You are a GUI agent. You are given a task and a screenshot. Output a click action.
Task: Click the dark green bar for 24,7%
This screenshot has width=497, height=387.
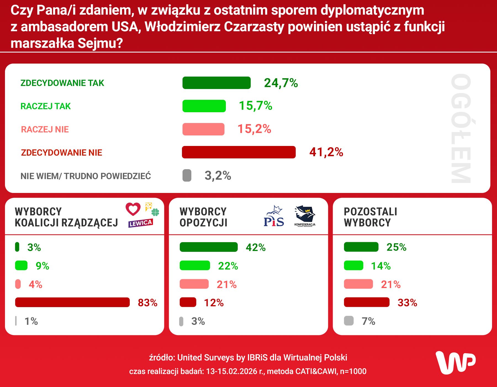(x=216, y=83)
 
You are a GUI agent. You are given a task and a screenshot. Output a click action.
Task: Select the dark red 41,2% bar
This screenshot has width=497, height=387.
(x=239, y=152)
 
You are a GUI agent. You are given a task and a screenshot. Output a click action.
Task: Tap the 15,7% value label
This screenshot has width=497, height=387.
(x=255, y=106)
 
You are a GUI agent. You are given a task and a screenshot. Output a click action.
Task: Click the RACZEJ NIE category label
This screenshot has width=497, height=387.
(x=45, y=129)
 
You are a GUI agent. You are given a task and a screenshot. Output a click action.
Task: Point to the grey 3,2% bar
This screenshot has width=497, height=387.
(x=187, y=176)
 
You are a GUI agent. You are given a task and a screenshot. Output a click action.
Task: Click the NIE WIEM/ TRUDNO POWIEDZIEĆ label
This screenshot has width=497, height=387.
(x=86, y=176)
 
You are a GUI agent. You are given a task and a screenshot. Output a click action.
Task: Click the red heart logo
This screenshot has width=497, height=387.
(x=133, y=209)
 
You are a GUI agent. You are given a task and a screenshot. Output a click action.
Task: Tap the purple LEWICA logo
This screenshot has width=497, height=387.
(x=141, y=223)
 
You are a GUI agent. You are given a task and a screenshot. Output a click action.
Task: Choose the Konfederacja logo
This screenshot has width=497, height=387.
(x=305, y=216)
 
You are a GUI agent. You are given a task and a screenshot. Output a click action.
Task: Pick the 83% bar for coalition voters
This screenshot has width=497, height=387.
(x=72, y=302)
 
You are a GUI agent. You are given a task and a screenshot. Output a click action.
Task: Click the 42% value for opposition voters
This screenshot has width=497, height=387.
(x=256, y=247)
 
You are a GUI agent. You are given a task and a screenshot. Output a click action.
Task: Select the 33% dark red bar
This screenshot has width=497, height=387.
(x=366, y=302)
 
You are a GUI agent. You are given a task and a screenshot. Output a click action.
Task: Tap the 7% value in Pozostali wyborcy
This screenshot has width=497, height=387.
(x=368, y=321)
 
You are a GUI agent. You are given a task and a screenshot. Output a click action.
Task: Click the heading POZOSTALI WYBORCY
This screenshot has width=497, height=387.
(x=370, y=217)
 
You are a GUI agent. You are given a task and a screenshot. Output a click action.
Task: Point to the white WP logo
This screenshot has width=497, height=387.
(x=456, y=363)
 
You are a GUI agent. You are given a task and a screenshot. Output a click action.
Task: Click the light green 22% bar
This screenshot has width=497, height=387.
(x=195, y=266)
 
